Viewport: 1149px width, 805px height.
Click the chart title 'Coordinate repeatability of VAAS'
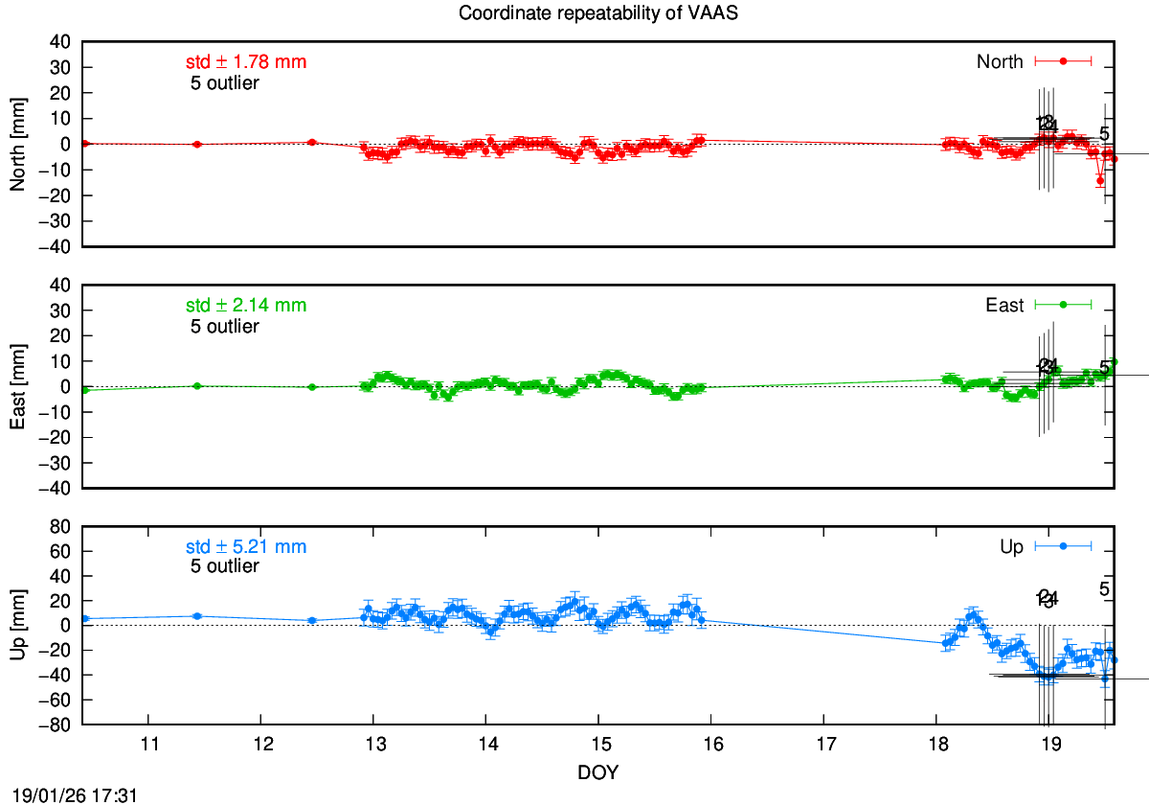click(x=574, y=13)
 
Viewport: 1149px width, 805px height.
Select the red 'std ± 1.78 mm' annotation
click(x=246, y=62)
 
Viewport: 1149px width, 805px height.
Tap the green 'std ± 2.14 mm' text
click(x=246, y=306)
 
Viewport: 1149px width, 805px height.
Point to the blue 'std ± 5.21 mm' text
click(x=246, y=547)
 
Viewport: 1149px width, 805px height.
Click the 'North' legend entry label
click(x=1000, y=62)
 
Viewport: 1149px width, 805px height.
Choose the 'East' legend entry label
click(x=1004, y=306)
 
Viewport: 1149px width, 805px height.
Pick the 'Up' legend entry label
click(x=1012, y=547)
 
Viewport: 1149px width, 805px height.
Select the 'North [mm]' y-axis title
click(x=16, y=144)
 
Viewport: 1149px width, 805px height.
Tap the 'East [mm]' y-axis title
click(x=16, y=386)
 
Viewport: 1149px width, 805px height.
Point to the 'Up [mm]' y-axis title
click(x=16, y=626)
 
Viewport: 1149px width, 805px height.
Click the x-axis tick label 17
click(x=824, y=747)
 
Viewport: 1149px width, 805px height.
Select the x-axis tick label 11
click(x=148, y=747)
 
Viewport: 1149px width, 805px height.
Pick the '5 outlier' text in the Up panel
click(x=225, y=566)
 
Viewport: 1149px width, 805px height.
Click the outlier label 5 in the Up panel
click(x=1104, y=589)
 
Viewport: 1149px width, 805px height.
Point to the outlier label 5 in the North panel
click(x=1104, y=134)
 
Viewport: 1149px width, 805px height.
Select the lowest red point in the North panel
click(x=1100, y=180)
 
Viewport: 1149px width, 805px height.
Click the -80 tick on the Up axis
click(x=58, y=725)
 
